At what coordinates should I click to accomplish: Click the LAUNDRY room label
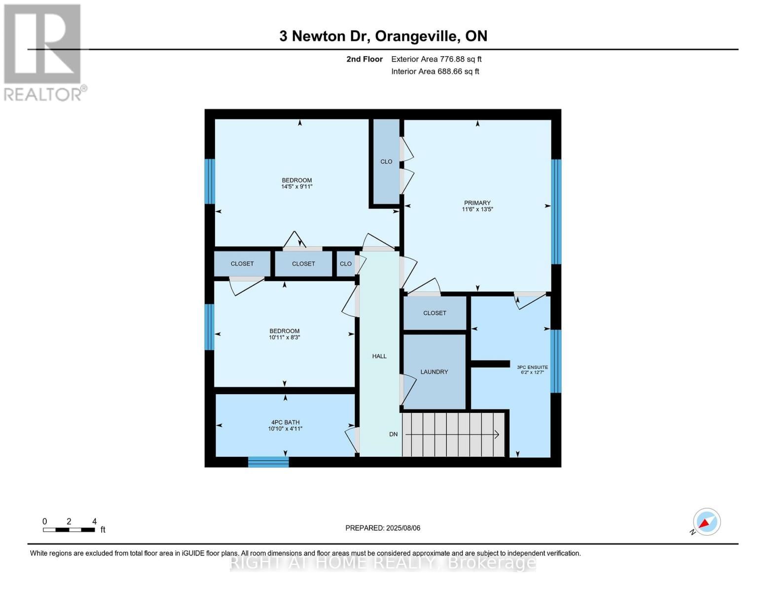434,372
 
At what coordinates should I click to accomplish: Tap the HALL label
379,356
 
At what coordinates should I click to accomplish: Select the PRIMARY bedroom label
477,203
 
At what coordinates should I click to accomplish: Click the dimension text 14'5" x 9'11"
297,187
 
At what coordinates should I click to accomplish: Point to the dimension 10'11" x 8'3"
285,338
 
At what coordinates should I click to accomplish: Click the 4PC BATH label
285,422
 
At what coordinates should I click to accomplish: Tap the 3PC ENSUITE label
532,367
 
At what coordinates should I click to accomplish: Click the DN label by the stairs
393,435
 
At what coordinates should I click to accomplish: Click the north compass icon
706,522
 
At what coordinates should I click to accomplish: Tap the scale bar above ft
69,530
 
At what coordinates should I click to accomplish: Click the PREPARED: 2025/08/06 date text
383,528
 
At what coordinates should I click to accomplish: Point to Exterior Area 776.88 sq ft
436,59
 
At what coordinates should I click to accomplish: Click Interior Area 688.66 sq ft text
435,72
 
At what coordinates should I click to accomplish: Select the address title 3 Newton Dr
383,36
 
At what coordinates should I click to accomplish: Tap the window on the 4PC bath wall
268,462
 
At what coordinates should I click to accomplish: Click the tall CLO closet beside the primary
386,162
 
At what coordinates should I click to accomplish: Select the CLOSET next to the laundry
435,313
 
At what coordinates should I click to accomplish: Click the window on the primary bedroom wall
556,212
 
